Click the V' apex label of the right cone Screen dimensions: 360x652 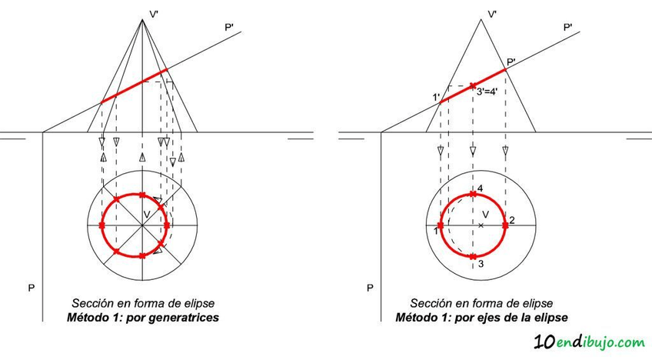tap(491, 13)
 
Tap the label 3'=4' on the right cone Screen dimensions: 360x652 tap(492, 92)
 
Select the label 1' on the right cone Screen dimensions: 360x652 tap(436, 96)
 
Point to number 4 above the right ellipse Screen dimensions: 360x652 tap(479, 188)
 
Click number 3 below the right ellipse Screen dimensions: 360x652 tap(479, 264)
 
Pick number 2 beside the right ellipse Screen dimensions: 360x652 tap(512, 221)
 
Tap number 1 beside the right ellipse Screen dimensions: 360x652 tap(435, 230)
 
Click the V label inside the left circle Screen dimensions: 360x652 tap(147, 212)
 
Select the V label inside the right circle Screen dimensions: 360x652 tap(485, 214)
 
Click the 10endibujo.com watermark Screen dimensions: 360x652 tap(588, 341)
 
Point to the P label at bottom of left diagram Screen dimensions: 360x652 tap(31, 288)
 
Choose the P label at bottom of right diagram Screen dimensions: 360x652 tap(370, 288)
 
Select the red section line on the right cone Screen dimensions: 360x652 tap(473, 85)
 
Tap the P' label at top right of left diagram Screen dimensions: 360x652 tap(229, 28)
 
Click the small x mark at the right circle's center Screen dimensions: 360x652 tap(481, 225)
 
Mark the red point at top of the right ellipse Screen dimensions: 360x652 tap(473, 194)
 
